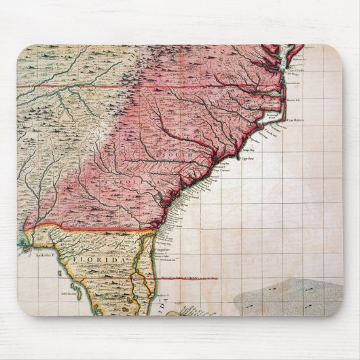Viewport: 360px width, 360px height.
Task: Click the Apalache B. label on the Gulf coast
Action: click(x=34, y=255)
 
